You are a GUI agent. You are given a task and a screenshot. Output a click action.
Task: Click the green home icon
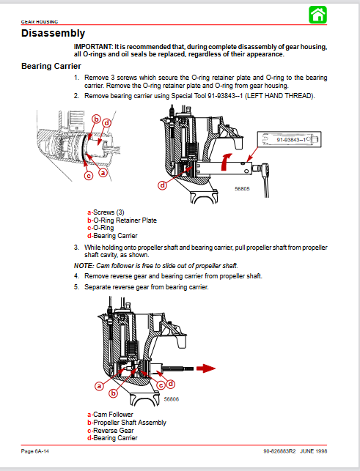pyautogui.click(x=317, y=15)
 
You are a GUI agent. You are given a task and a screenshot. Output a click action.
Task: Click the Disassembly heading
pyautogui.click(x=53, y=33)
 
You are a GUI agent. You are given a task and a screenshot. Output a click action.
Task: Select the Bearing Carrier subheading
pyautogui.click(x=51, y=66)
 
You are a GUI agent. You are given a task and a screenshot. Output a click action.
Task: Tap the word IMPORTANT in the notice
pyautogui.click(x=93, y=47)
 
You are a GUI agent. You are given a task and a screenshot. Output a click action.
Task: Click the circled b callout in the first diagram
pyautogui.click(x=96, y=119)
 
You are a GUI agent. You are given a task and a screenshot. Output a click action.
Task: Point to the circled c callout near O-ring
pyautogui.click(x=89, y=175)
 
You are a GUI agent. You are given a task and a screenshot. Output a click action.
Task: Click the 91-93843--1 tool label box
pyautogui.click(x=289, y=139)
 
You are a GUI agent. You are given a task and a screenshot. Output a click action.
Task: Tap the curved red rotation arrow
pyautogui.click(x=226, y=162)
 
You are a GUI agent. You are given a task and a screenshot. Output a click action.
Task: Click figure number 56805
pyautogui.click(x=242, y=189)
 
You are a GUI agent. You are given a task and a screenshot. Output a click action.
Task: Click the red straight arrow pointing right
pyautogui.click(x=206, y=368)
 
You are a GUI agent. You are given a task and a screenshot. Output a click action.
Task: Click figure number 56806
pyautogui.click(x=172, y=399)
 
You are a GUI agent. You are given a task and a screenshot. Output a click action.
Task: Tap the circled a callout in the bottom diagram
pyautogui.click(x=99, y=386)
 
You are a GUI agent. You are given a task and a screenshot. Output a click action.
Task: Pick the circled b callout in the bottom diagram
pyautogui.click(x=114, y=393)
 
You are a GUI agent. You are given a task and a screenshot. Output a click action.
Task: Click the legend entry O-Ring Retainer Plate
pyautogui.click(x=122, y=220)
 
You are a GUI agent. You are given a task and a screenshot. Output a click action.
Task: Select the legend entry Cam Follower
pyautogui.click(x=111, y=415)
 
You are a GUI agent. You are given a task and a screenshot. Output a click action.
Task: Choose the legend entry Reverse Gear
pyautogui.click(x=111, y=430)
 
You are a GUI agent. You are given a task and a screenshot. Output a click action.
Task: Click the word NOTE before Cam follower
pyautogui.click(x=84, y=266)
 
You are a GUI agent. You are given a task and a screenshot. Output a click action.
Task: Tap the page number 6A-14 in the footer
pyautogui.click(x=42, y=451)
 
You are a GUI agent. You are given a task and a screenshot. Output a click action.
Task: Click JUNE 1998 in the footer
pyautogui.click(x=313, y=451)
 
